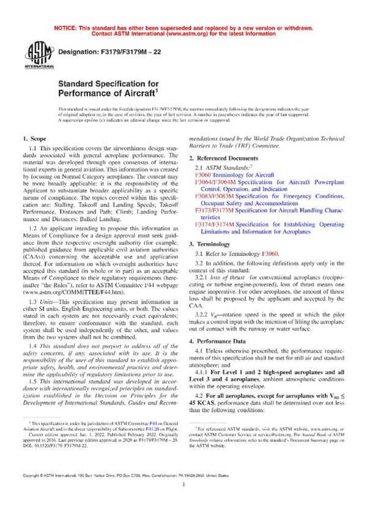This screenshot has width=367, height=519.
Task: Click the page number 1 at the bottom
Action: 183,500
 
